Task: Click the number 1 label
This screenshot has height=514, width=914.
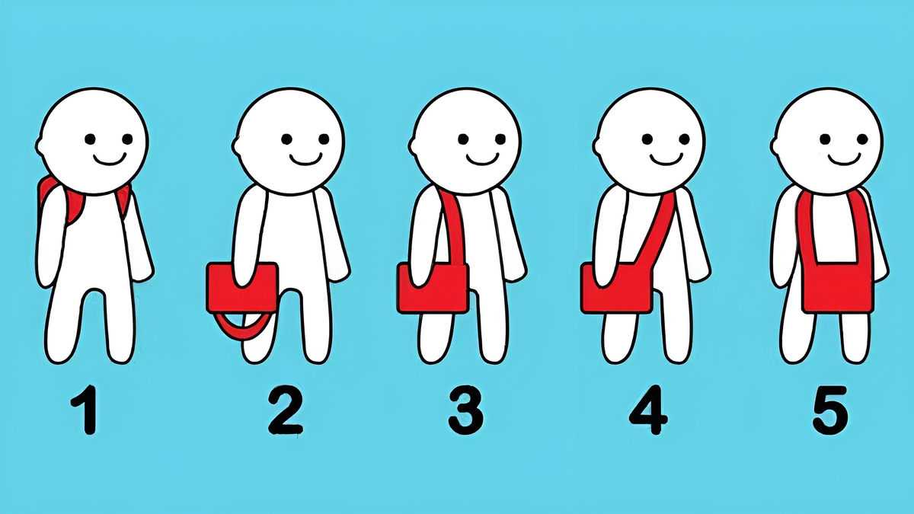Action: pyautogui.click(x=86, y=410)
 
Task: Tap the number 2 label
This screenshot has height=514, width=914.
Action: pyautogui.click(x=285, y=409)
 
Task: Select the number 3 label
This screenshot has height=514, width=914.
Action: pyautogui.click(x=465, y=410)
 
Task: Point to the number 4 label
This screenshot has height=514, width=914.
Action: pyautogui.click(x=649, y=410)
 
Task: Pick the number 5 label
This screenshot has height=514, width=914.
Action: pyautogui.click(x=830, y=410)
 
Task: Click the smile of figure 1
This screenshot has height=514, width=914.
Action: pyautogui.click(x=110, y=159)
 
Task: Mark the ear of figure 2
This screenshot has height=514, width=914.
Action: pyautogui.click(x=237, y=145)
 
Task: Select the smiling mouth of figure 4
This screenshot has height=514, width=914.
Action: pyautogui.click(x=666, y=159)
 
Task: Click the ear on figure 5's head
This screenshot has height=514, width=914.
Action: pyautogui.click(x=775, y=145)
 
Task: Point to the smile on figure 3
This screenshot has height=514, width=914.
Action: pyautogui.click(x=483, y=159)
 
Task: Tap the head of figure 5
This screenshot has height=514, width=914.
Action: pyautogui.click(x=827, y=141)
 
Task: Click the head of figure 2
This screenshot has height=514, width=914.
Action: pyautogui.click(x=289, y=141)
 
